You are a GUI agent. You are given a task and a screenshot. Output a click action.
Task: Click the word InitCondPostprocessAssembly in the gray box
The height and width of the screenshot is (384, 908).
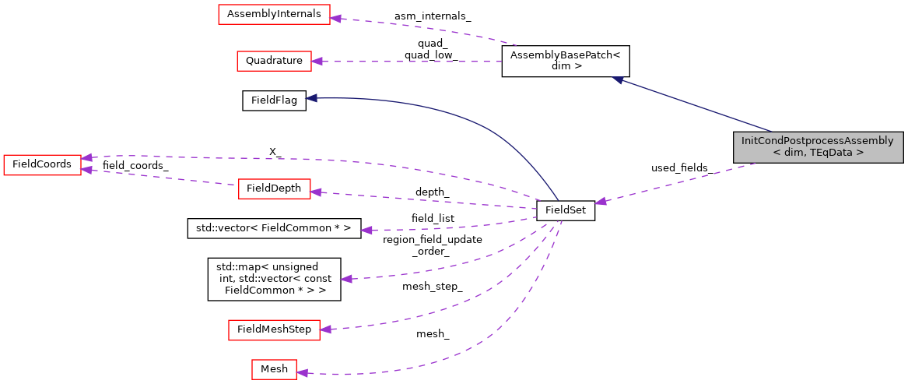817,141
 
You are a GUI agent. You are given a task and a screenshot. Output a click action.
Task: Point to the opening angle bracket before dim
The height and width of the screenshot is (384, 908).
777,153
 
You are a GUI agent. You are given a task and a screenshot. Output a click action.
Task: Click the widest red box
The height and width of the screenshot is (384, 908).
274,14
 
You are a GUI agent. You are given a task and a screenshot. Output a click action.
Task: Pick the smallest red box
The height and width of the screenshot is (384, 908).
274,369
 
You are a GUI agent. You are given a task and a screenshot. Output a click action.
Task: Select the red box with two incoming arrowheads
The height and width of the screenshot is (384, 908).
42,164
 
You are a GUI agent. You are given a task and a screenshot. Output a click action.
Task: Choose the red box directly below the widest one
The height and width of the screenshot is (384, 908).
274,61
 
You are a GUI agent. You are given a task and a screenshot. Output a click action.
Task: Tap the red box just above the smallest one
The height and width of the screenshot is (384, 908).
274,329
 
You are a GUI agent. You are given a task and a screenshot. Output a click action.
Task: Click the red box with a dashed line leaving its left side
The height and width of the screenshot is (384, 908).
274,188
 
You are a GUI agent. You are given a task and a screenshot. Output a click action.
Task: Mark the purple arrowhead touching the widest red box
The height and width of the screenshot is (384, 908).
335,18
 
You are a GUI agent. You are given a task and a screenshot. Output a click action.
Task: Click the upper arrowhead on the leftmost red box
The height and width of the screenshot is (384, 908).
87,157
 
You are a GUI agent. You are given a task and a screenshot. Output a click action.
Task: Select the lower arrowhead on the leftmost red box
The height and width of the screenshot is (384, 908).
87,169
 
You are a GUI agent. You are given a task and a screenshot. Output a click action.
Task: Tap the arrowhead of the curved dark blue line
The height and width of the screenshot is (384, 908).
311,98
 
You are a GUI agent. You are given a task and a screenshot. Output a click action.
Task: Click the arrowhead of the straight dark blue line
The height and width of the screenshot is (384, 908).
617,79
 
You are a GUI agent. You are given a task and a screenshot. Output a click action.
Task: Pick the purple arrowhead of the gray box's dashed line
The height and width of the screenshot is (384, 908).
601,202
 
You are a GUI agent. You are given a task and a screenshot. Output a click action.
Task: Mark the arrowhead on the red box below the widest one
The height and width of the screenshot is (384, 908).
317,61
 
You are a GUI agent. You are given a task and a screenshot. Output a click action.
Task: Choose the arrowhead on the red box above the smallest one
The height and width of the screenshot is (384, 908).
326,329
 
